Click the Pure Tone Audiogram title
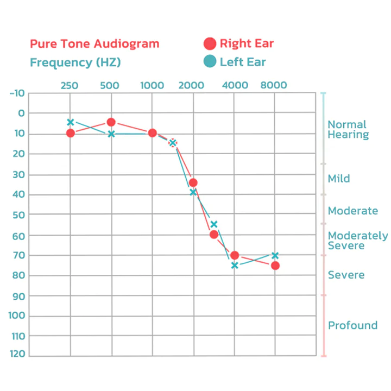(x=94, y=44)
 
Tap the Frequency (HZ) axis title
(x=75, y=62)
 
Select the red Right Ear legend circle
(x=210, y=44)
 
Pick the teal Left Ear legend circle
(x=210, y=61)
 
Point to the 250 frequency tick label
(x=70, y=85)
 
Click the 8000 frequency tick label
(x=274, y=85)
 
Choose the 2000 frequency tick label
(x=191, y=85)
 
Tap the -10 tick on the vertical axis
(x=17, y=93)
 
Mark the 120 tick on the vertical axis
(x=17, y=354)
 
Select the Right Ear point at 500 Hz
(x=111, y=122)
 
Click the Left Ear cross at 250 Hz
(x=70, y=122)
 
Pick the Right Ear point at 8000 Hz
(x=275, y=266)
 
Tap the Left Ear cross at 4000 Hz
(x=235, y=266)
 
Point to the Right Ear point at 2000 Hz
(x=193, y=183)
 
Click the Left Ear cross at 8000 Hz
(x=275, y=255)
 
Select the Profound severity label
(x=352, y=325)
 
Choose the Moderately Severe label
(x=358, y=241)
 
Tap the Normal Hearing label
(x=348, y=130)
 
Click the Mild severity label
(x=339, y=179)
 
